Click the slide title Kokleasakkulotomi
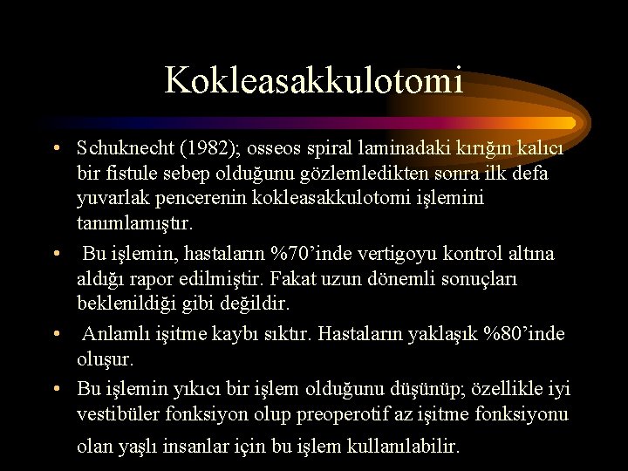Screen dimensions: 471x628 point(314,80)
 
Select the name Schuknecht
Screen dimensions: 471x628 point(125,147)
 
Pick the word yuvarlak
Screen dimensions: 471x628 point(112,198)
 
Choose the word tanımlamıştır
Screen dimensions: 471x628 point(133,223)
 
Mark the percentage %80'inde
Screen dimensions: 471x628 point(521,334)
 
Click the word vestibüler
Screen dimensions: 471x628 point(116,413)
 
